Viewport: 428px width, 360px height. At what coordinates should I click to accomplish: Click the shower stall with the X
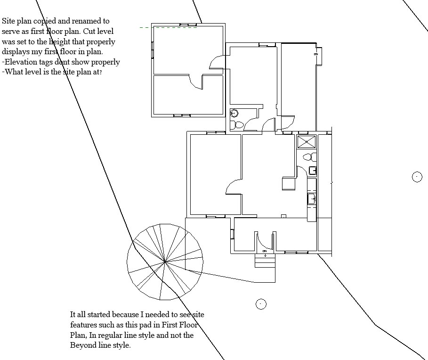(x=307, y=142)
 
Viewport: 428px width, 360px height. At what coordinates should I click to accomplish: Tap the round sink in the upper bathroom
(x=234, y=113)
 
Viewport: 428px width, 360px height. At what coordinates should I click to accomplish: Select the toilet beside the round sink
(x=237, y=125)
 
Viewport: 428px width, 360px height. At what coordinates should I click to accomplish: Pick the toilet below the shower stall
(x=309, y=157)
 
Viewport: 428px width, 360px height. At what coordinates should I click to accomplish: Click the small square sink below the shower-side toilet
(x=313, y=171)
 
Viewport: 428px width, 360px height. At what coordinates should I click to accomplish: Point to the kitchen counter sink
(x=312, y=198)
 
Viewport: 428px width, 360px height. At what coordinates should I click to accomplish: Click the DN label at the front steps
(x=265, y=251)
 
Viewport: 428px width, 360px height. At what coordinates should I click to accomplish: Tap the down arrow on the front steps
(x=265, y=255)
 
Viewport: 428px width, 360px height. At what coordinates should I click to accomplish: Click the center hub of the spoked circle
(x=165, y=262)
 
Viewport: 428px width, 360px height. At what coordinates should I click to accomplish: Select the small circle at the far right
(x=417, y=177)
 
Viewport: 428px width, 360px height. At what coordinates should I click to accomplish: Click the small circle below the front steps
(x=261, y=304)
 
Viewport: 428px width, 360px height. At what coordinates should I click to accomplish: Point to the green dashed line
(x=168, y=27)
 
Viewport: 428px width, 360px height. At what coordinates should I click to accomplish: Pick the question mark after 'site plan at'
(x=100, y=72)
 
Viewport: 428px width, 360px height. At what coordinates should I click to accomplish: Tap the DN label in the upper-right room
(x=316, y=54)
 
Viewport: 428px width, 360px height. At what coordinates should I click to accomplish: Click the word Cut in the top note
(x=89, y=32)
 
